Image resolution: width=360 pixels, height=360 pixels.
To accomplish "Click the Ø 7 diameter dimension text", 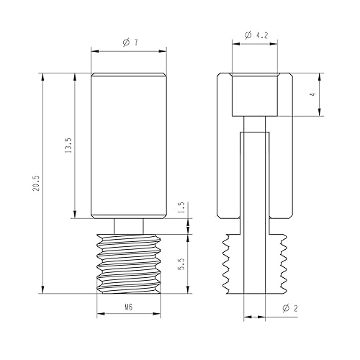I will pos(130,43).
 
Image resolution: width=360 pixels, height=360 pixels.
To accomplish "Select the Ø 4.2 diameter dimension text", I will pos(258,35).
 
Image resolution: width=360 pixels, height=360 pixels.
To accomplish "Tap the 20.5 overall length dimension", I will pos(35,185).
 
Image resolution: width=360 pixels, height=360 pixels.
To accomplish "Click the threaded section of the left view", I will pos(130,263).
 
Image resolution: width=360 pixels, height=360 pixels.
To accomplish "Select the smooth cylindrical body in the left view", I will pos(130,144).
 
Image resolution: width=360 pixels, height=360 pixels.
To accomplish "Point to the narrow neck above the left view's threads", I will pos(130,225).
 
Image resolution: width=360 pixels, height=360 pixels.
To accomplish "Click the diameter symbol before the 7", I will pos(125,43).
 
